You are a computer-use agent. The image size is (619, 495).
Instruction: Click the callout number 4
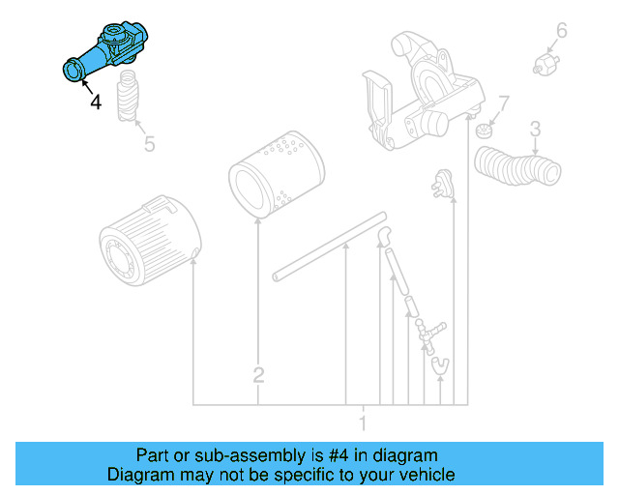95,101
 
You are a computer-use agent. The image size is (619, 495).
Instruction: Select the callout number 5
149,145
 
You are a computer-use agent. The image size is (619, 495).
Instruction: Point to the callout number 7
503,103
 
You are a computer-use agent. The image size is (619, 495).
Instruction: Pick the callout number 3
534,128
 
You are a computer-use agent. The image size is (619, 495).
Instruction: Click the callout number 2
258,374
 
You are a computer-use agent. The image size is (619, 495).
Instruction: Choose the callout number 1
363,422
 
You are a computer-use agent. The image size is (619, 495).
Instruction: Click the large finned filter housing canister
150,241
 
